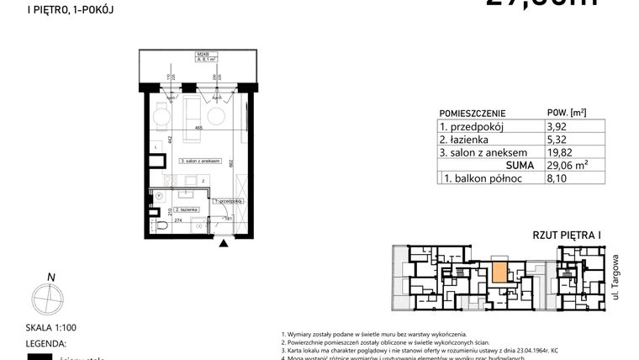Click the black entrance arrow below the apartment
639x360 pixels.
tap(223, 244)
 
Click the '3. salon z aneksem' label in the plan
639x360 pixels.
tap(199, 161)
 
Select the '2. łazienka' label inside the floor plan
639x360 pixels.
tap(185, 208)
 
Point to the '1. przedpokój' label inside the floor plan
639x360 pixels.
tap(228, 202)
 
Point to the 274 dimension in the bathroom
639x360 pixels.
tap(179, 220)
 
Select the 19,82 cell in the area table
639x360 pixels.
tap(558, 153)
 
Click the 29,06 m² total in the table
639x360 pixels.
tap(564, 166)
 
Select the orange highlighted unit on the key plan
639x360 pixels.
tap(499, 273)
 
